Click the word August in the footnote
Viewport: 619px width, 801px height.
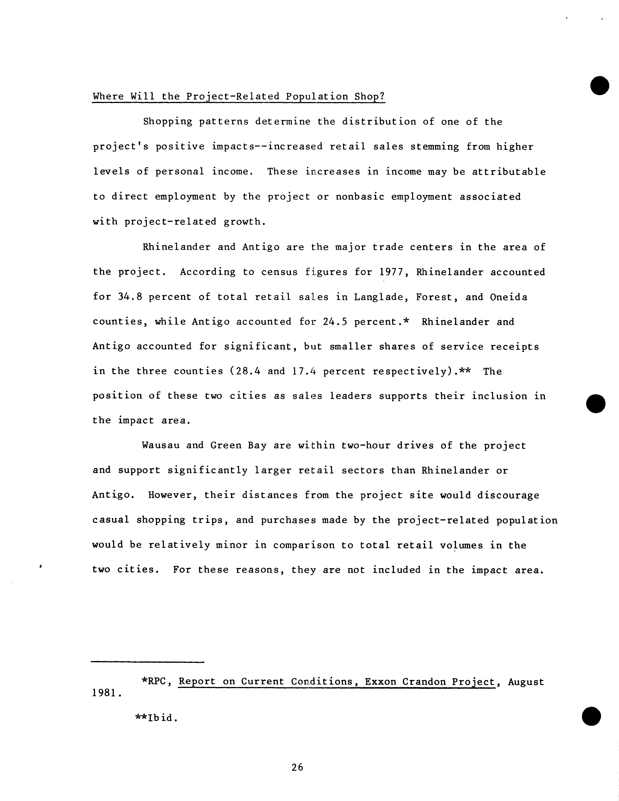(x=526, y=682)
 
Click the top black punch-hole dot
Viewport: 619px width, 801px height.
(x=600, y=86)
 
